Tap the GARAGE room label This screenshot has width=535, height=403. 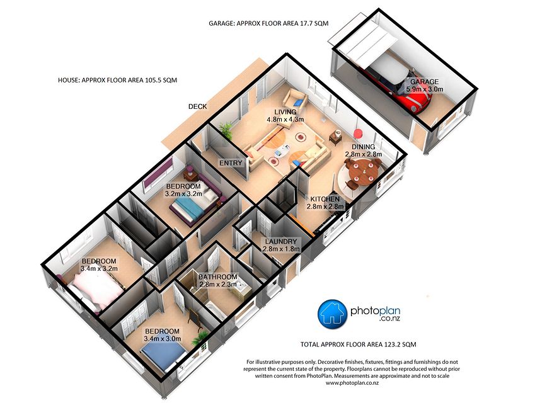tap(424, 82)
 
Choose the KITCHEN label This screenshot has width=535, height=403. tap(325, 199)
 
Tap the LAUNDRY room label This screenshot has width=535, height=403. tap(281, 241)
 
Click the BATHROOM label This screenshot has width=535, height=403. tap(217, 277)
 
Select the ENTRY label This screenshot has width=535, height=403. tap(231, 163)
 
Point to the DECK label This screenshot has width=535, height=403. tap(197, 106)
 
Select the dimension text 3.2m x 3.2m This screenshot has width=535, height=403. tap(183, 194)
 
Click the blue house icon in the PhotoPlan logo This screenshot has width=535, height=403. tap(333, 313)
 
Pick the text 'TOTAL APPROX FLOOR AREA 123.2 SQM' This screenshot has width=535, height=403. tap(358, 344)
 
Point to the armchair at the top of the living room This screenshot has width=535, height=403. tap(294, 99)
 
